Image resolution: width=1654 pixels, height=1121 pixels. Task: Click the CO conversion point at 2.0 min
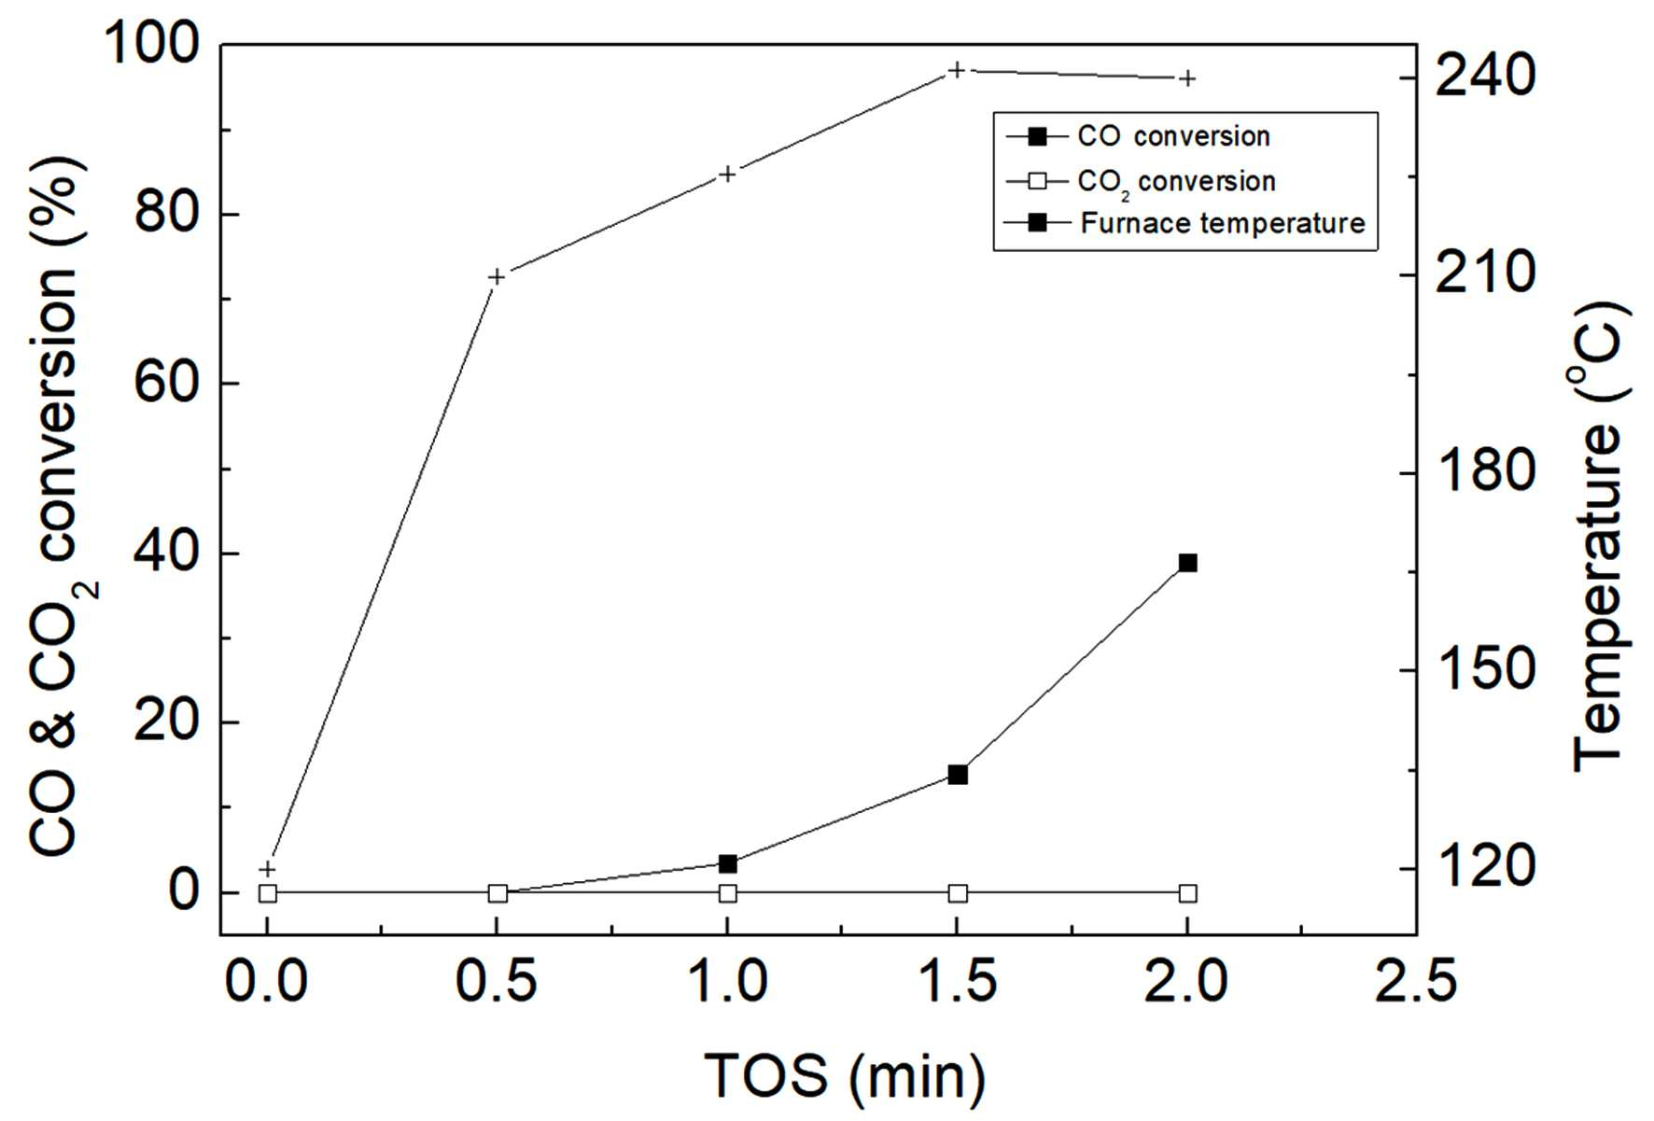tap(1187, 563)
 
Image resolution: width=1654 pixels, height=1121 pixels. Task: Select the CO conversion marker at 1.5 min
tap(958, 775)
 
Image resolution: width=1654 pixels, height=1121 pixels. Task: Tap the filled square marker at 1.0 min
tap(728, 864)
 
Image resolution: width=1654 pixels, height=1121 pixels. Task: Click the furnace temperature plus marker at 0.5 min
tap(498, 276)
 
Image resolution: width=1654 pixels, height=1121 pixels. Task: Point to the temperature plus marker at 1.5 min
tap(957, 70)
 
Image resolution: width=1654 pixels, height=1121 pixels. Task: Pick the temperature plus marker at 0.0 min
tap(268, 869)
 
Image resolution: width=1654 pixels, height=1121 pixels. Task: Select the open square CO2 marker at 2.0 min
tap(1187, 893)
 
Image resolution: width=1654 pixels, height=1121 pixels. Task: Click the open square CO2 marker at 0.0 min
tap(268, 893)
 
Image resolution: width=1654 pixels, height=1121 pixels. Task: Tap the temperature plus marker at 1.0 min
tap(727, 174)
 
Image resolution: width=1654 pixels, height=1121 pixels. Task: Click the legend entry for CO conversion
tap(1138, 136)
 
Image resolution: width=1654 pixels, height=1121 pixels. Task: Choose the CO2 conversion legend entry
tap(1141, 181)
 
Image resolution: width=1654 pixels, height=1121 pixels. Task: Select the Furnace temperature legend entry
tap(1184, 223)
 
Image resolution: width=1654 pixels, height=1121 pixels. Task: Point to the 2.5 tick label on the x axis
tap(1415, 982)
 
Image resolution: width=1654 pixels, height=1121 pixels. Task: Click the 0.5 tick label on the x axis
tap(497, 982)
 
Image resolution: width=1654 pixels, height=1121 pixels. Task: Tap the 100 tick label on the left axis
tap(153, 43)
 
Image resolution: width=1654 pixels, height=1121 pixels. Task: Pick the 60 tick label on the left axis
tap(168, 383)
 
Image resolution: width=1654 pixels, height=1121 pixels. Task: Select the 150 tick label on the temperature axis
tap(1485, 669)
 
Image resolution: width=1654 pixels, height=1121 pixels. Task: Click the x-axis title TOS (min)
tap(845, 1076)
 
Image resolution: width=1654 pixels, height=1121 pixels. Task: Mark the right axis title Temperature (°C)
tap(1599, 536)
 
